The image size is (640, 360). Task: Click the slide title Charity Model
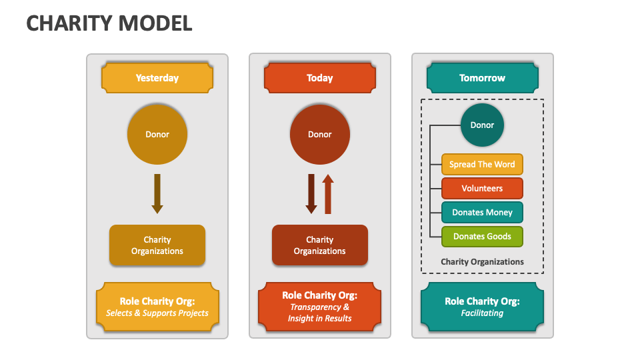point(109,23)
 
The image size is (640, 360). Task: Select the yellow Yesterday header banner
point(157,78)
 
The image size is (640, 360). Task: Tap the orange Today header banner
point(320,78)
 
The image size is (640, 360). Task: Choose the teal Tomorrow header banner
point(482,78)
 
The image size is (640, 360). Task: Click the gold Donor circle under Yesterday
point(157,134)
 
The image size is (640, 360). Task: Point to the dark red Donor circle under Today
point(320,134)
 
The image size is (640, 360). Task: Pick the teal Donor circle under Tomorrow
point(482,125)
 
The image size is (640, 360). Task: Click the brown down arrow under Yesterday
point(157,193)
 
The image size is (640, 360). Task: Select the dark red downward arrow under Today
point(311,193)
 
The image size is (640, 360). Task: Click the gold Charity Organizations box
point(157,245)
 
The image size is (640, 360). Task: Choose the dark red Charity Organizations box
point(320,245)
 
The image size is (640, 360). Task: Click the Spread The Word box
point(482,165)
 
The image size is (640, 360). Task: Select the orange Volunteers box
point(482,189)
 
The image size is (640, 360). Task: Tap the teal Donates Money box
point(482,213)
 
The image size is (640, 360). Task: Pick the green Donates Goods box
point(482,237)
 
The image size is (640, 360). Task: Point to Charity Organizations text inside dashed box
point(482,262)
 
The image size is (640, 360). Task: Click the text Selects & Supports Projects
point(157,313)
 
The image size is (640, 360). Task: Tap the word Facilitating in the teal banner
point(482,313)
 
